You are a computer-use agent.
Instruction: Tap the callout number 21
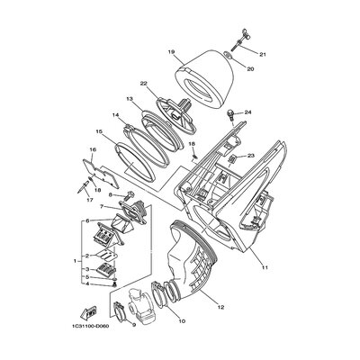263,55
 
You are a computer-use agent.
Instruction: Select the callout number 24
247,112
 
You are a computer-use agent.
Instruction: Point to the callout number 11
265,267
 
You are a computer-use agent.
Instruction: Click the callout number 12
220,307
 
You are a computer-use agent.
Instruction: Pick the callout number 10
182,321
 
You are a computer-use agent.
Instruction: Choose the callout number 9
134,324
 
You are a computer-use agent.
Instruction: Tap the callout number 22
143,83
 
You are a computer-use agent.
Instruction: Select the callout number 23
251,156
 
